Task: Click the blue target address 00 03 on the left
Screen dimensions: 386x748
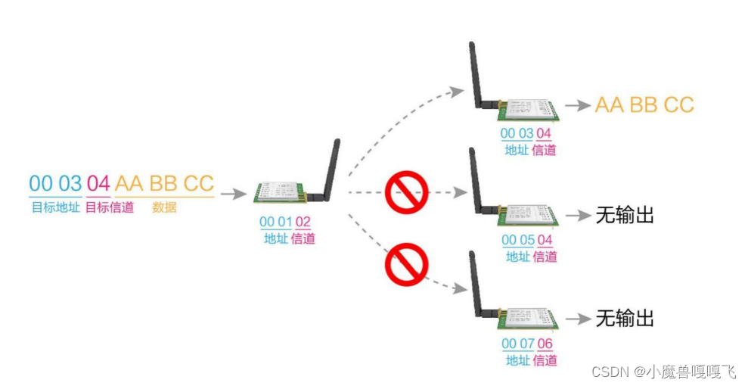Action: point(55,183)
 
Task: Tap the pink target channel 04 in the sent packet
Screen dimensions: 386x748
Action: point(98,183)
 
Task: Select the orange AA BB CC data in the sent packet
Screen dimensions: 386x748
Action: point(164,183)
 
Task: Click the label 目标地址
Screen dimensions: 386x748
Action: point(55,207)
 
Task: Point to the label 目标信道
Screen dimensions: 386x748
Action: point(110,207)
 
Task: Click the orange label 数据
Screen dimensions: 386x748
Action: point(164,207)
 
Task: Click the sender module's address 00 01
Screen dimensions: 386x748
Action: point(275,222)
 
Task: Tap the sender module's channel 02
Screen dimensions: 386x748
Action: point(303,222)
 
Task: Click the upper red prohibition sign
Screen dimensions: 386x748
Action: point(407,192)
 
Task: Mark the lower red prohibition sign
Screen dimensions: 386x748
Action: point(407,264)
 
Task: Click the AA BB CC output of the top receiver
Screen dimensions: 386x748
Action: point(644,105)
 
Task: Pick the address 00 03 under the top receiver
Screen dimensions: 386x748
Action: point(517,133)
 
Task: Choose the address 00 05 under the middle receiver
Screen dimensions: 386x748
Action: point(517,241)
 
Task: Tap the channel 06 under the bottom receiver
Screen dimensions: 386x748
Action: point(545,344)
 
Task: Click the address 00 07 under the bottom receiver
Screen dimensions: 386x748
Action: point(517,344)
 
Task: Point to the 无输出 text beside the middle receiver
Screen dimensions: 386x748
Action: point(625,216)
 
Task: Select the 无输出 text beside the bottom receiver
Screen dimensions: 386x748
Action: point(625,319)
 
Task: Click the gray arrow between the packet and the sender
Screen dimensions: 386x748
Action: point(234,194)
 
